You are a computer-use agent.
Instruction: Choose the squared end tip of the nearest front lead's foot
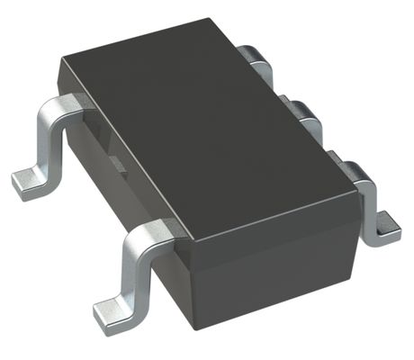(x=98, y=316)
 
